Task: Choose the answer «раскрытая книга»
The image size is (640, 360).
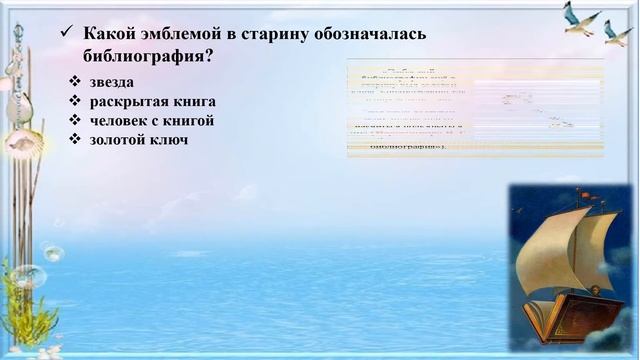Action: coord(152,102)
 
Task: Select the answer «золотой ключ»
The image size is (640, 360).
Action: coord(138,139)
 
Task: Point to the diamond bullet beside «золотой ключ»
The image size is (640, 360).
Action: coord(75,139)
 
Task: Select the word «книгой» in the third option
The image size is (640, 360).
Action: coord(191,121)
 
